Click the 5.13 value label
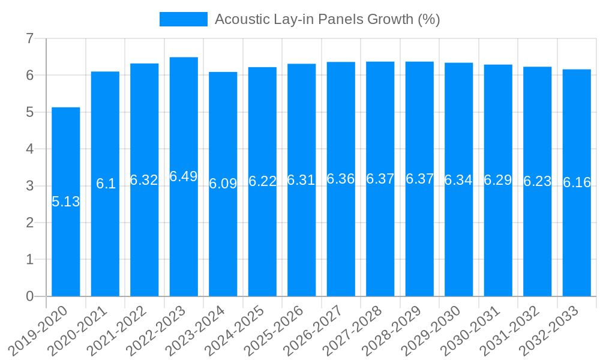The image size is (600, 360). (65, 202)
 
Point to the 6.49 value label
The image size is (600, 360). (184, 176)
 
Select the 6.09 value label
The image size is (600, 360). (223, 184)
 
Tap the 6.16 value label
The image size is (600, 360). (577, 182)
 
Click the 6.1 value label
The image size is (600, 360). (106, 184)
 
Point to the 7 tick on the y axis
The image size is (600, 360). (29, 38)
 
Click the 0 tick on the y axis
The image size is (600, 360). (29, 296)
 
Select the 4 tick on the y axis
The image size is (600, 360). (29, 149)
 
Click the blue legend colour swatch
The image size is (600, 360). (183, 19)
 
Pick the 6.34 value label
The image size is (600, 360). (458, 180)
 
